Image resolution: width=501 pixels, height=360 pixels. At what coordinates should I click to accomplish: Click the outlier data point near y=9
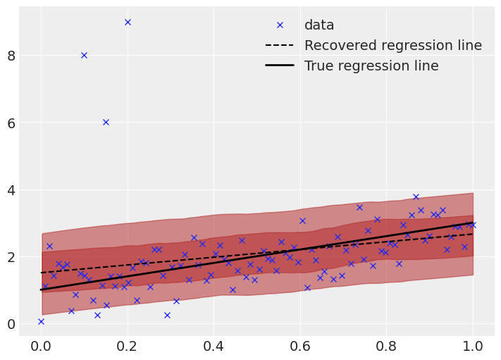[128, 22]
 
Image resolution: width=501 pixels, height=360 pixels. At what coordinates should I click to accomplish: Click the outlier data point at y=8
[84, 55]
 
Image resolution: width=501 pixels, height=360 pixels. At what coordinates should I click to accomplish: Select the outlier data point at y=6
[106, 122]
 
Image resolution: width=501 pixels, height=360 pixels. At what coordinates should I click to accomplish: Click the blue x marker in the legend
[280, 25]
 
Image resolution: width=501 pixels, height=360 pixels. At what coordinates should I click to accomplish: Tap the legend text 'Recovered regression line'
[393, 46]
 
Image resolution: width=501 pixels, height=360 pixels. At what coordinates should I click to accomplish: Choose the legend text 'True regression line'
[371, 66]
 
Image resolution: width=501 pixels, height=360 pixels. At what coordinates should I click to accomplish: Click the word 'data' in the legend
[319, 25]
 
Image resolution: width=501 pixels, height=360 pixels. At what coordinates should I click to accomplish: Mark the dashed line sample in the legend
[280, 46]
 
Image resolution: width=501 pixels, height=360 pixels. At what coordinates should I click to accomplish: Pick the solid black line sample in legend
[280, 66]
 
